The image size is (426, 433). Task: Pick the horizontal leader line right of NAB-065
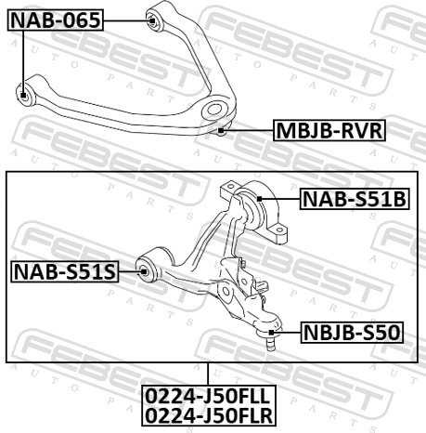[125, 19]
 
